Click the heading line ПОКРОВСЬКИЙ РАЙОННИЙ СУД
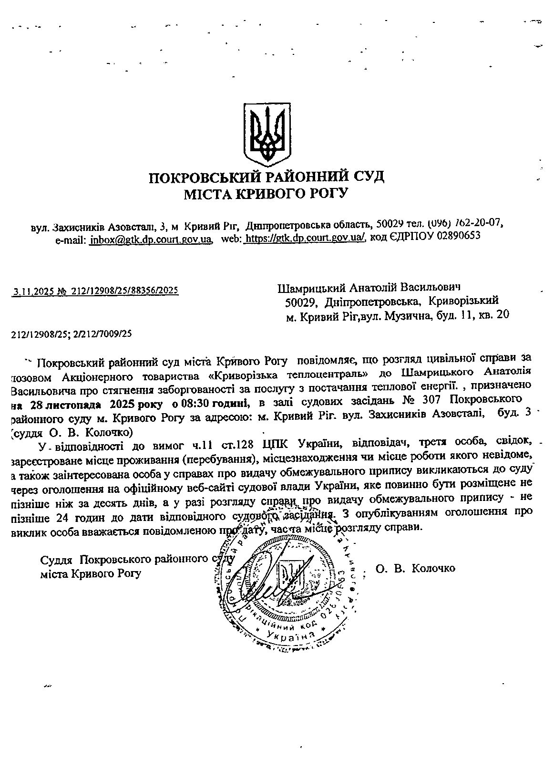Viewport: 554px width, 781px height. click(267, 177)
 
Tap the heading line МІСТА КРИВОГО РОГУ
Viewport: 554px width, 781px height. click(267, 194)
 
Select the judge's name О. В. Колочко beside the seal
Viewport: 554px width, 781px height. click(415, 568)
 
